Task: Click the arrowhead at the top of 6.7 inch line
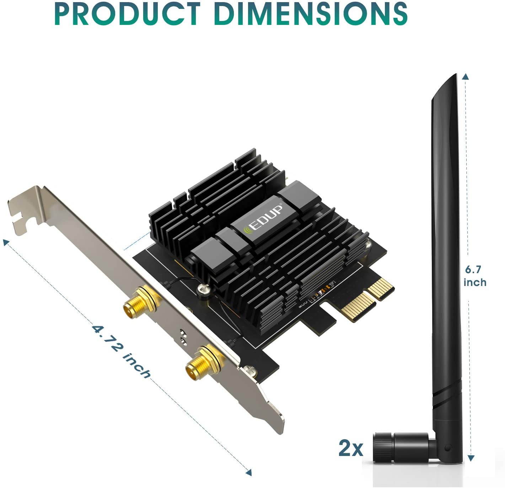point(466,76)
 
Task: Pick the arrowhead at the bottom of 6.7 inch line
point(471,458)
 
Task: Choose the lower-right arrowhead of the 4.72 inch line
point(248,472)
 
